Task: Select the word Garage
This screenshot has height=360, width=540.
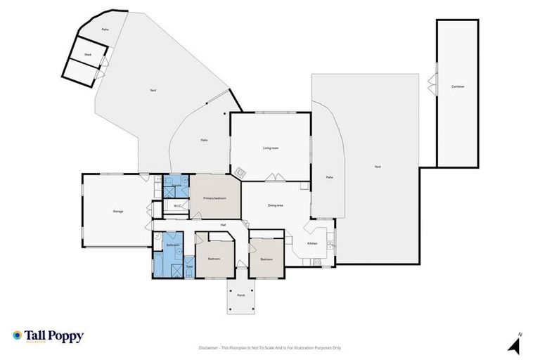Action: pos(118,211)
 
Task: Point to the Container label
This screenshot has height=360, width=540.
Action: pos(458,86)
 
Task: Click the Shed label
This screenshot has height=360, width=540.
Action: pos(88,54)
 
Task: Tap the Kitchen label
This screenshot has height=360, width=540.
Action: pos(312,243)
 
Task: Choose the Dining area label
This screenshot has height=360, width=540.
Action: pos(275,205)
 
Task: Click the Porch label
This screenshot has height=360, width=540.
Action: pos(240,295)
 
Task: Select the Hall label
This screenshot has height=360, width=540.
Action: pos(223,225)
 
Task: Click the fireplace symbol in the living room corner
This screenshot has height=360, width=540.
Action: pos(239,172)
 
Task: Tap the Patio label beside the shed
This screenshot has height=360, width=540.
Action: pos(105,30)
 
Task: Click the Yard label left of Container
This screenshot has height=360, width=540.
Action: pos(377,167)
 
